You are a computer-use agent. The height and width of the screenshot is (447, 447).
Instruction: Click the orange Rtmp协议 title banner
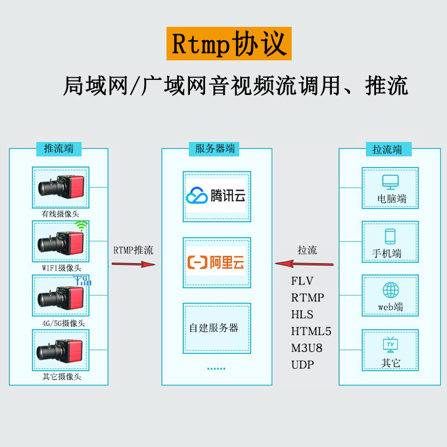229,44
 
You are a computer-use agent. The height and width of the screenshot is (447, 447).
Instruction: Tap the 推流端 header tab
59,149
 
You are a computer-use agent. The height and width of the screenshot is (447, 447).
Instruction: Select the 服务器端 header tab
214,149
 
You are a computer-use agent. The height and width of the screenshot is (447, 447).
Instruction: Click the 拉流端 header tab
388,149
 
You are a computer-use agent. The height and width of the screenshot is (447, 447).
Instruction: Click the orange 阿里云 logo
216,262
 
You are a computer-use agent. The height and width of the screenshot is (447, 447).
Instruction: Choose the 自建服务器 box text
214,328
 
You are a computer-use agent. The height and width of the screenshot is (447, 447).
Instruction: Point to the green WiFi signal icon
82,226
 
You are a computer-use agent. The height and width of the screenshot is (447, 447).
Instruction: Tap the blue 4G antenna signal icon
82,280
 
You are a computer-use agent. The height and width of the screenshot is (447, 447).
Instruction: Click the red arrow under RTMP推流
134,264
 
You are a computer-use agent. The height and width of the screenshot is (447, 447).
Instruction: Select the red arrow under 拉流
304,264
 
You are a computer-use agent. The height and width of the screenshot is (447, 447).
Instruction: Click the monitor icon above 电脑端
390,182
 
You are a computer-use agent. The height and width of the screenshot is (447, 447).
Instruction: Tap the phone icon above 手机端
390,236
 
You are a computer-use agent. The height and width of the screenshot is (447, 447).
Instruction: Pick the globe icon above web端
391,290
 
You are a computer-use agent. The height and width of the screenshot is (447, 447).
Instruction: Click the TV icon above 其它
390,345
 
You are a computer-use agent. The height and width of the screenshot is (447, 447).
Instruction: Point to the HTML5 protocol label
311,331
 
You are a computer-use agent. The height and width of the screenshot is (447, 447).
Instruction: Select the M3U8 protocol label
307,348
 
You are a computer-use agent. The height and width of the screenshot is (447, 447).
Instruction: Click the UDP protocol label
302,365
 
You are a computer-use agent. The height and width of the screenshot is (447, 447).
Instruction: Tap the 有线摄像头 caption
60,214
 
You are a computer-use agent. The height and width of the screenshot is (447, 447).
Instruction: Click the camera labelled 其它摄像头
60,351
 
